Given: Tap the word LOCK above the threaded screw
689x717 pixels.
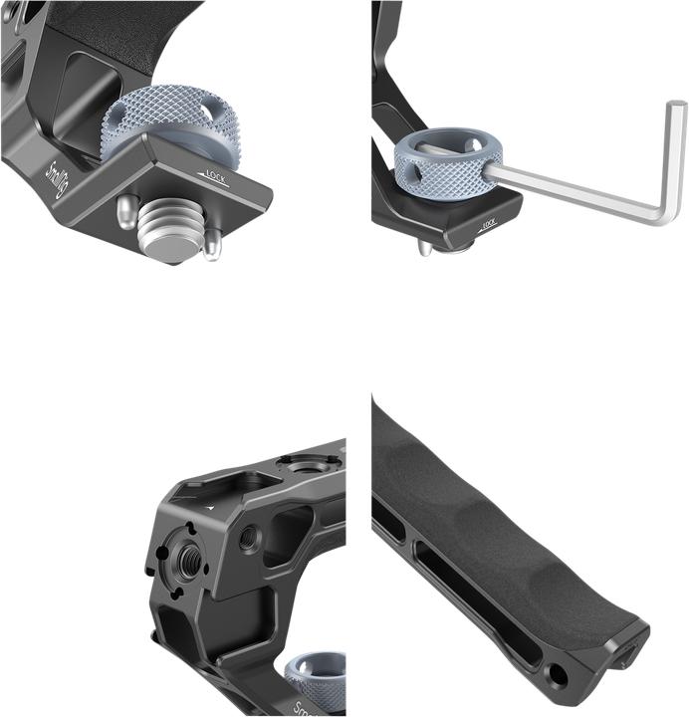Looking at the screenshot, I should coord(218,176).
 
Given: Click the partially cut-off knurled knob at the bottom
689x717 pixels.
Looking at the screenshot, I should coord(317,677).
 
